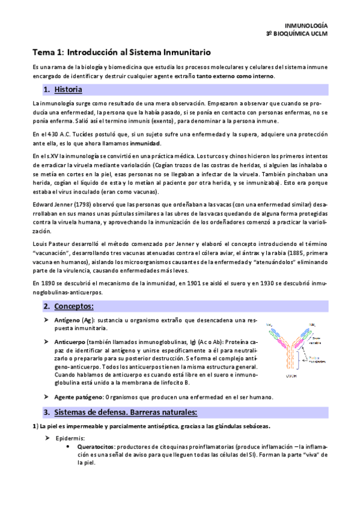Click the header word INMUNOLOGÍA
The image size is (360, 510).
(305, 26)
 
